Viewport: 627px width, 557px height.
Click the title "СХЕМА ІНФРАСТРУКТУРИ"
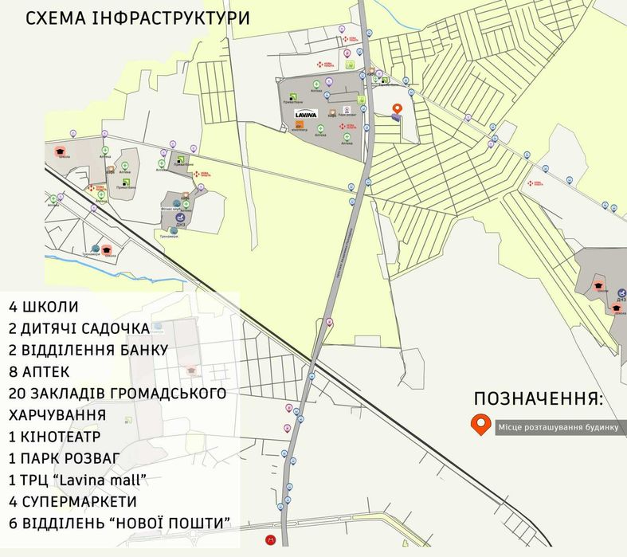click(x=138, y=18)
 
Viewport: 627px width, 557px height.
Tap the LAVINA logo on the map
click(x=307, y=114)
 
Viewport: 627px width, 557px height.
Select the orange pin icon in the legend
click(x=480, y=426)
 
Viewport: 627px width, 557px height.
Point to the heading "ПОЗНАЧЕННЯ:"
click(x=539, y=399)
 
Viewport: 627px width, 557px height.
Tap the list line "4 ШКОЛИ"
click(x=45, y=307)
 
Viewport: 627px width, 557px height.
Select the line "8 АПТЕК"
click(x=40, y=372)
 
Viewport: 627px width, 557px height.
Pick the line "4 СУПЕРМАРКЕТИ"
click(x=73, y=502)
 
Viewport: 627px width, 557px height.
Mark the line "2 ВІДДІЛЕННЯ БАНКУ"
click(x=88, y=350)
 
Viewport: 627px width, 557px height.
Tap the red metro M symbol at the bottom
click(x=272, y=541)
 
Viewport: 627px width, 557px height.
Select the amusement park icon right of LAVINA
click(x=346, y=110)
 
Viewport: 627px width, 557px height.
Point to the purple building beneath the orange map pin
click(x=397, y=118)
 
